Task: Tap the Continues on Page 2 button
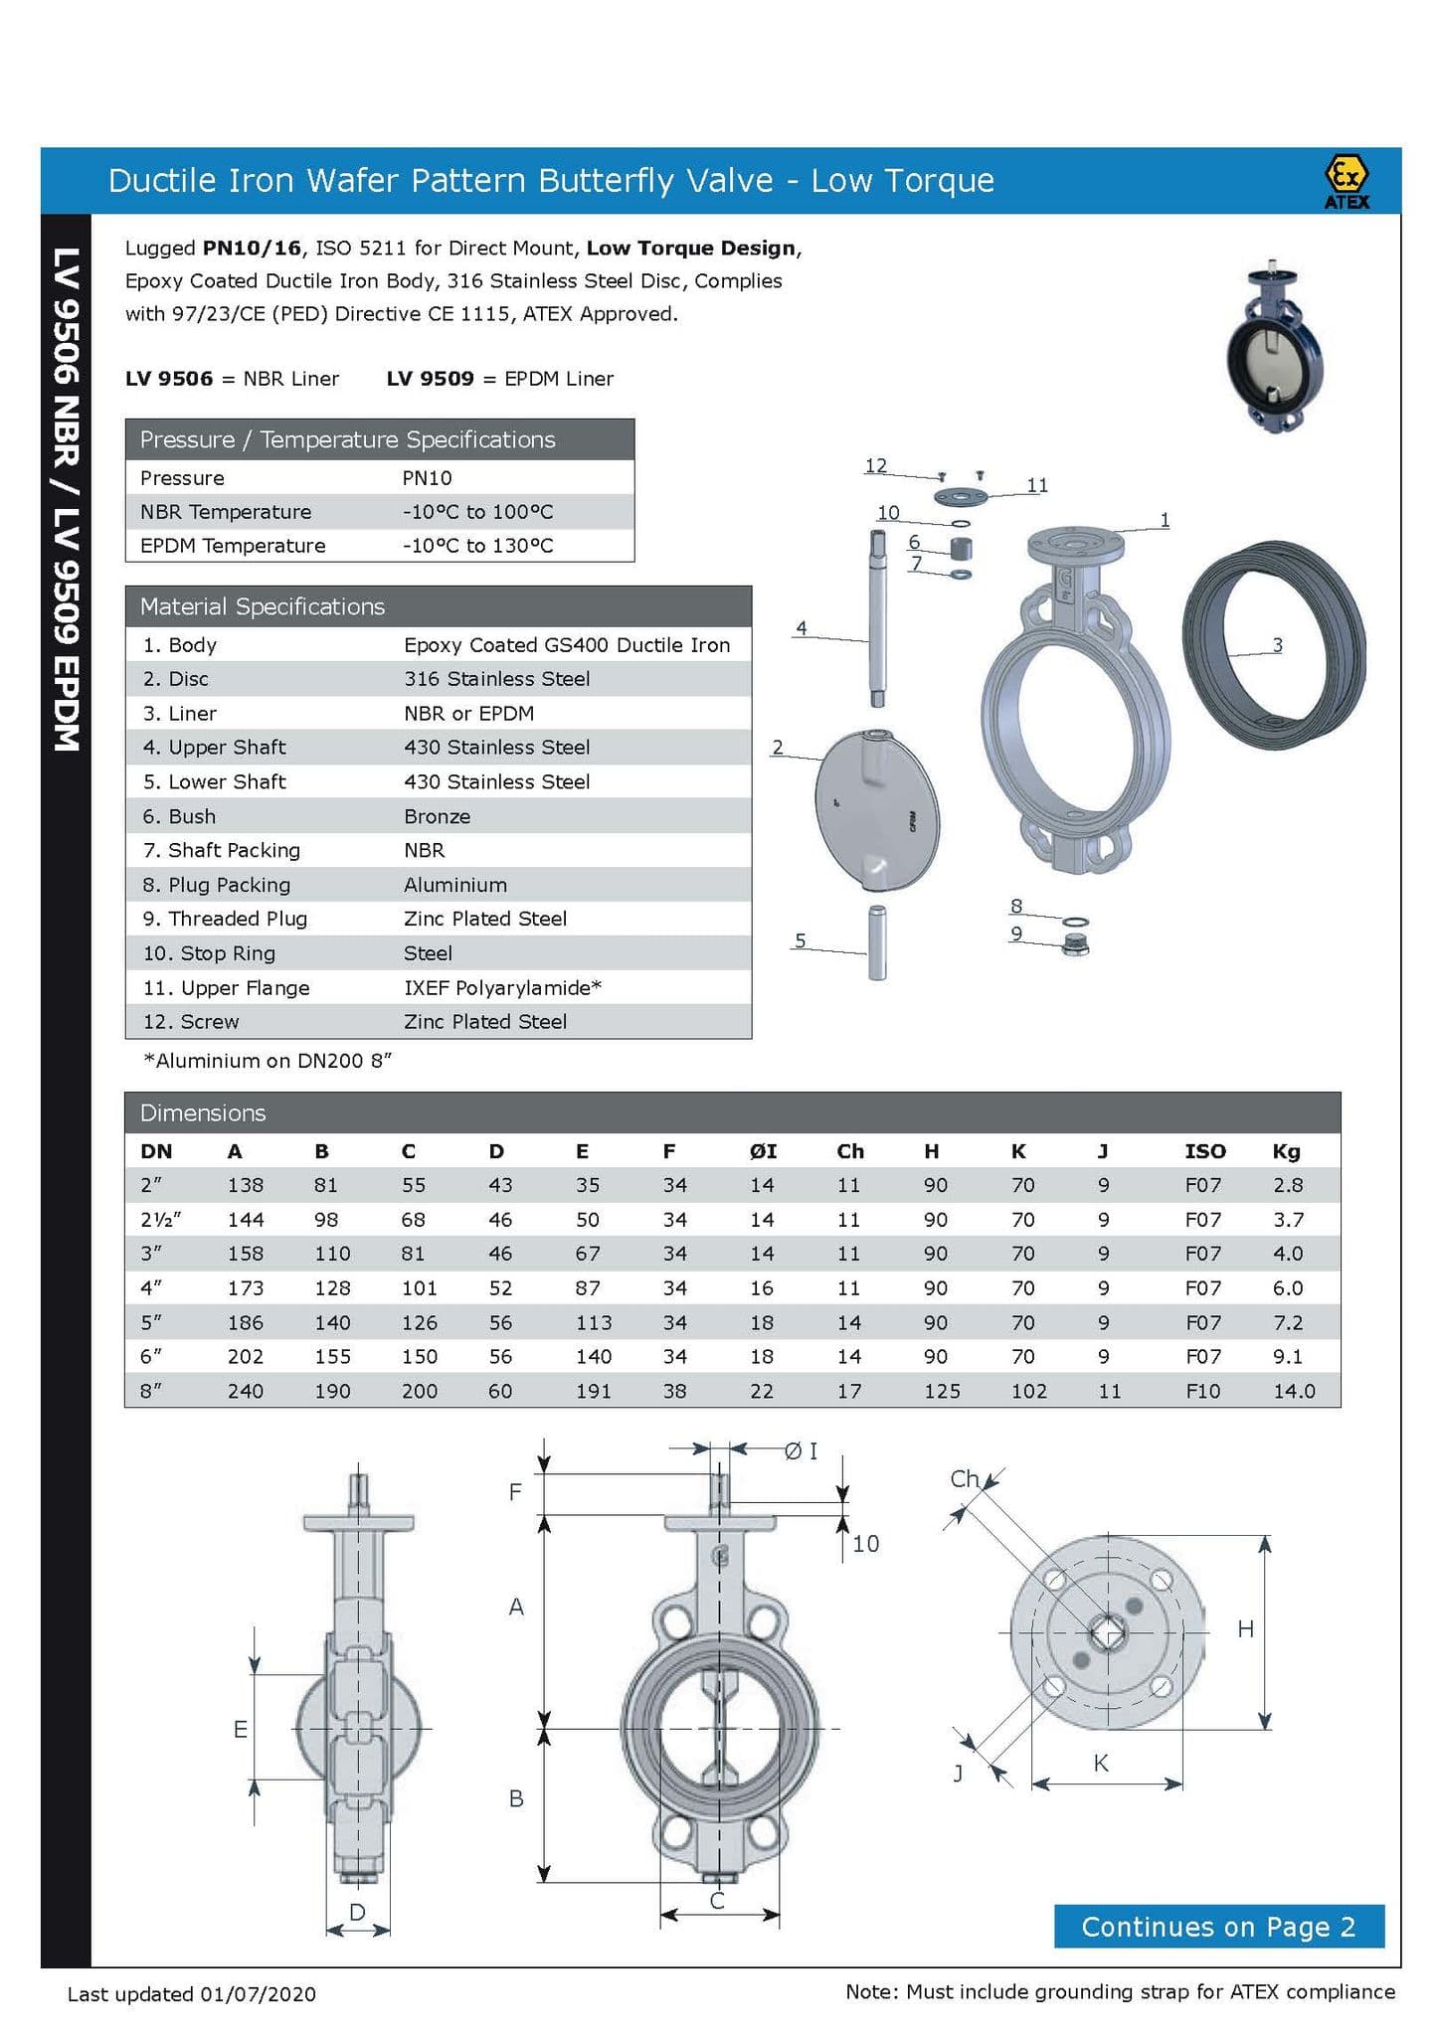coord(1218,1927)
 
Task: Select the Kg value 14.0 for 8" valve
coord(1294,1391)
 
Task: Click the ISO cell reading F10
coord(1202,1391)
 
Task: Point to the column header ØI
coord(763,1151)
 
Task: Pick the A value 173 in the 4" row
coord(245,1287)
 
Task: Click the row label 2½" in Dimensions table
coord(160,1219)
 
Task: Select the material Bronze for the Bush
coord(437,816)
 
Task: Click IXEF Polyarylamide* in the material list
coord(502,987)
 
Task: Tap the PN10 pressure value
coord(427,478)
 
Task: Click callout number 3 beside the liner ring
coord(1278,645)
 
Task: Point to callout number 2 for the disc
coord(778,747)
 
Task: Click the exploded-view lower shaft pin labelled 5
coord(877,942)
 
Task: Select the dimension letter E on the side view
coord(241,1729)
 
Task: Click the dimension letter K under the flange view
coord(1100,1763)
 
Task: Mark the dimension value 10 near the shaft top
coord(865,1544)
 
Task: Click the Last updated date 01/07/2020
coord(258,1994)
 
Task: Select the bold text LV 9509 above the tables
coord(430,379)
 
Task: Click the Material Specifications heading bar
coord(438,606)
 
